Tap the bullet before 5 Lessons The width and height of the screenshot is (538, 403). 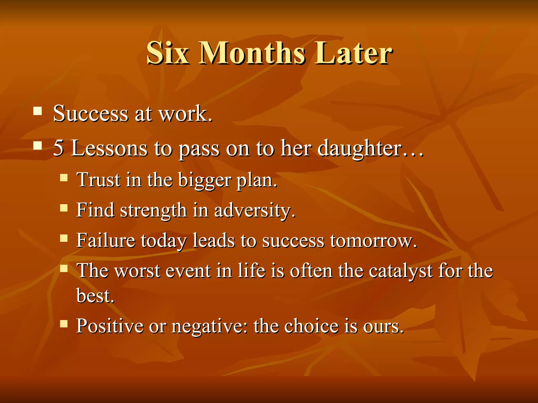coord(38,145)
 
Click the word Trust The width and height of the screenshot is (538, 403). coord(98,180)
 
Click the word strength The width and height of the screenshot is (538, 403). coord(153,211)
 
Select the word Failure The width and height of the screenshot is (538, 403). coord(106,240)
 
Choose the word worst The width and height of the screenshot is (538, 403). coord(138,271)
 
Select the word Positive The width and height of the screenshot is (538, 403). coord(110,326)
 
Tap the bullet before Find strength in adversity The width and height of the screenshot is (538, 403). coord(64,208)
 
